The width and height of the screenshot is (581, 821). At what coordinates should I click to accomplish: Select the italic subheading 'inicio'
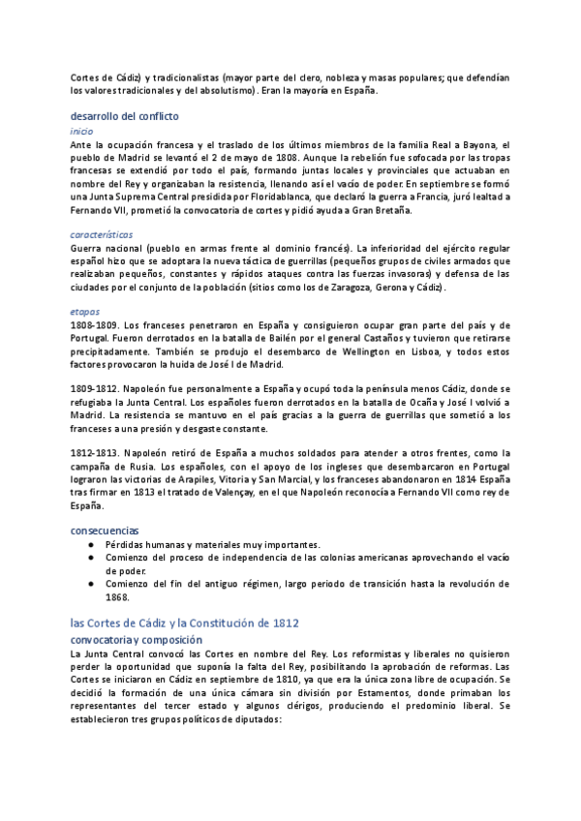pos(82,130)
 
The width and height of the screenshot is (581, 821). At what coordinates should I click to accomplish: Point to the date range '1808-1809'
pos(94,325)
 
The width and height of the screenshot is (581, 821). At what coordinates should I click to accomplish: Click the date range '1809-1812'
pos(94,388)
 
